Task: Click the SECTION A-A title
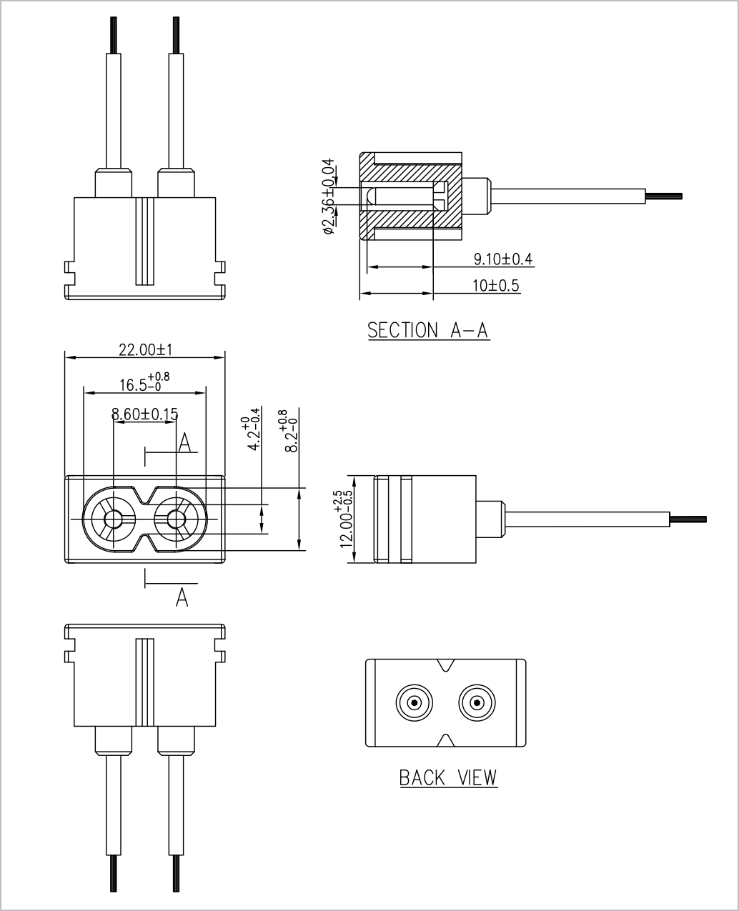click(428, 331)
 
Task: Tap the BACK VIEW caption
click(448, 777)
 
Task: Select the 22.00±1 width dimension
click(145, 350)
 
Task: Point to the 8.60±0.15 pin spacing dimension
click(144, 414)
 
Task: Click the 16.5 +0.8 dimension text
click(144, 382)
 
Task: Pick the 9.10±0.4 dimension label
click(503, 259)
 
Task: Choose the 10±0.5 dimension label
click(496, 285)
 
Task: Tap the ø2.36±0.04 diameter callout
click(329, 196)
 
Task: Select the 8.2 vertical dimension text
click(290, 431)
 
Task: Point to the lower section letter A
click(182, 597)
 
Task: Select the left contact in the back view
click(414, 702)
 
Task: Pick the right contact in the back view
click(477, 702)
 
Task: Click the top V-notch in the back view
click(445, 665)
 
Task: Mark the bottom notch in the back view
click(445, 740)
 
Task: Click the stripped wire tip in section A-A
click(664, 196)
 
